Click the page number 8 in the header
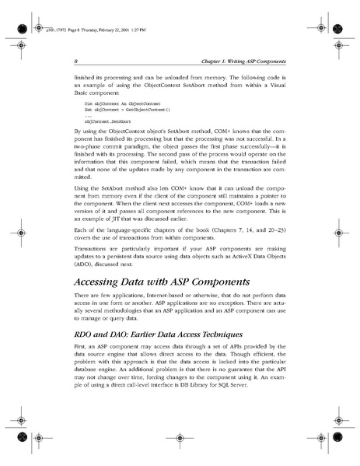[x=75, y=61]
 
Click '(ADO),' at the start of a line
[x=85, y=274]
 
